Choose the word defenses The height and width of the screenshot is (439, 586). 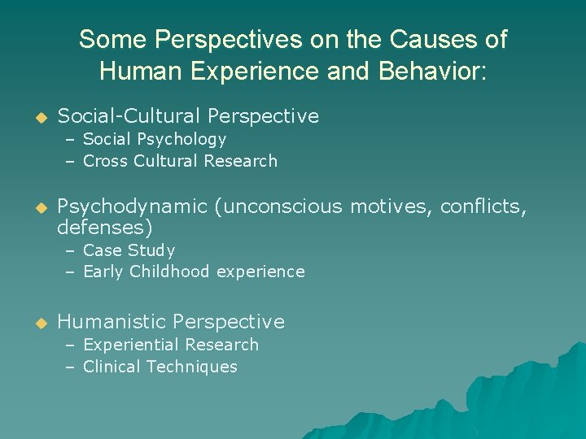pos(105,227)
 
